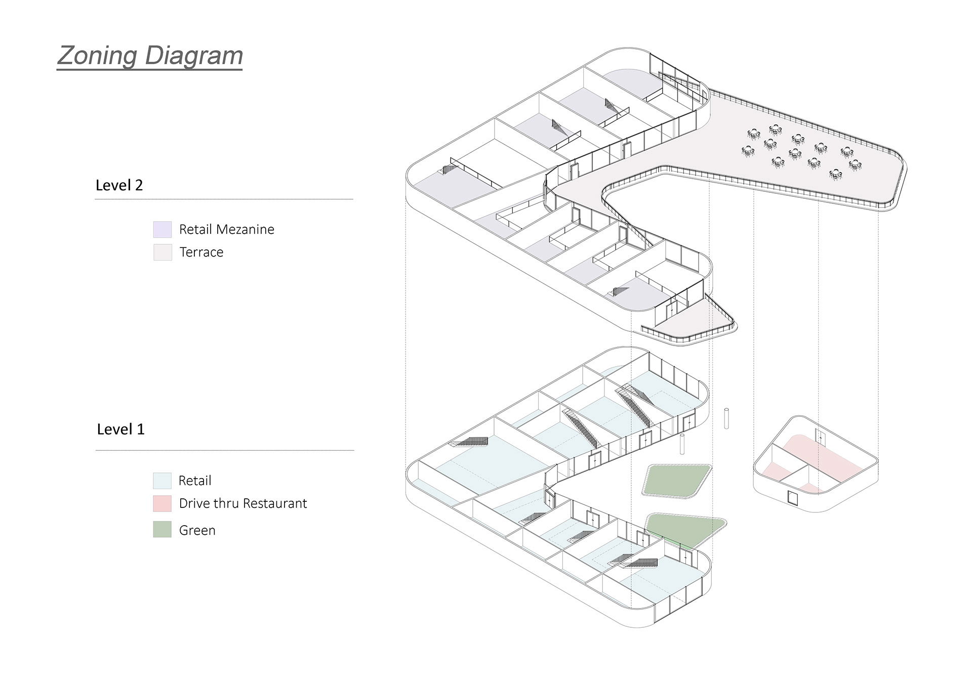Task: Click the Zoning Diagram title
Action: point(150,56)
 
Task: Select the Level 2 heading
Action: point(119,185)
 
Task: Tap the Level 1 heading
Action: point(120,430)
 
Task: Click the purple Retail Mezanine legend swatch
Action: point(163,229)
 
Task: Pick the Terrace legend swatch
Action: point(163,252)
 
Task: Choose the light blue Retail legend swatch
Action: point(162,481)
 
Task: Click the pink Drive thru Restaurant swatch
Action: point(162,503)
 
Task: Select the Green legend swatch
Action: point(162,529)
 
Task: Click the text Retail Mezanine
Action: point(226,230)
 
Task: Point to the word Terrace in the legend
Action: point(201,252)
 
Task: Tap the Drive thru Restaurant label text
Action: point(242,503)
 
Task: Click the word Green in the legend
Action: point(197,530)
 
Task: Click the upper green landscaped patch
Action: point(677,480)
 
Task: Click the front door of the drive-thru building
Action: point(792,498)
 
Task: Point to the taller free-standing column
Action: point(726,418)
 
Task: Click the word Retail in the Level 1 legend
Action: point(195,481)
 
